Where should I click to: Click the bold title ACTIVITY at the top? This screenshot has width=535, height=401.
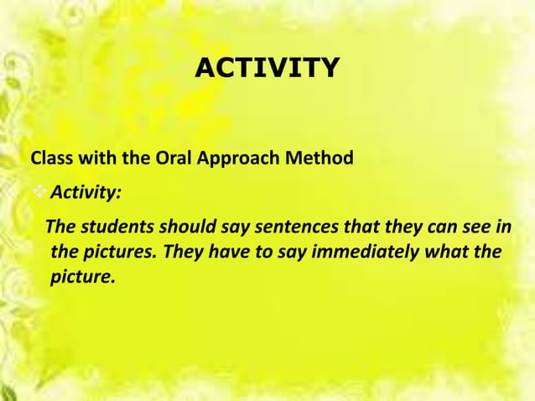coord(267,67)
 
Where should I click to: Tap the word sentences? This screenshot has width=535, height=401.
coord(261,227)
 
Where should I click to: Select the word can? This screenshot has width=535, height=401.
coord(404,227)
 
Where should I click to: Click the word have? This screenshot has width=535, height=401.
coord(234,252)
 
